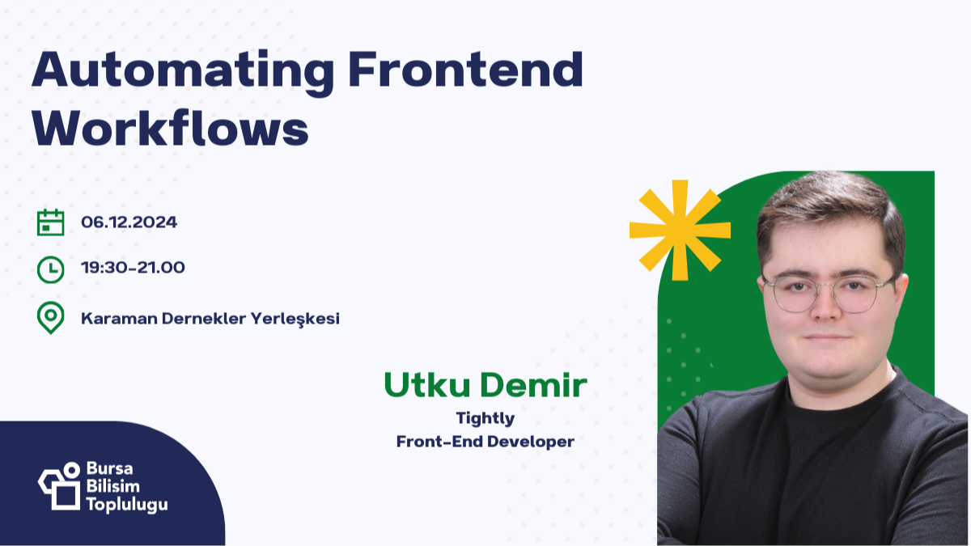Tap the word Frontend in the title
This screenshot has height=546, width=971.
click(x=465, y=71)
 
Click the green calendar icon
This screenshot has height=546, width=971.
click(x=51, y=222)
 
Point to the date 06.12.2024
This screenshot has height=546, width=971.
click(x=129, y=222)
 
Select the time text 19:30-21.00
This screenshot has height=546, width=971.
click(x=134, y=268)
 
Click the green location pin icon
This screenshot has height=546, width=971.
click(x=51, y=318)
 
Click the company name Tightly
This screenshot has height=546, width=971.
click(x=485, y=418)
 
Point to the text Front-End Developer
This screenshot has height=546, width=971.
click(x=485, y=442)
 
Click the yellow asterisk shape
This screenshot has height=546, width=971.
click(x=679, y=229)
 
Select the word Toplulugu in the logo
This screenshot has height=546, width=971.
click(x=126, y=504)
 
